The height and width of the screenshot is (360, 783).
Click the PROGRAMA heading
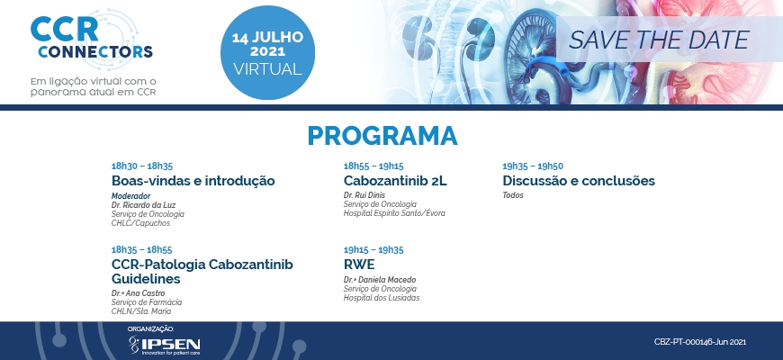382,136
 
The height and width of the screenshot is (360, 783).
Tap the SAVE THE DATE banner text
659,40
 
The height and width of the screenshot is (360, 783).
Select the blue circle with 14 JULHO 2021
267,52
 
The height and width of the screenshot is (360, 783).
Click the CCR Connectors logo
92,39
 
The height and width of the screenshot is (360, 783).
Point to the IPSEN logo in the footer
165,345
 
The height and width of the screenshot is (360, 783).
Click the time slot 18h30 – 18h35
142,166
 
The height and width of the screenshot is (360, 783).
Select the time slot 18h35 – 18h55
142,249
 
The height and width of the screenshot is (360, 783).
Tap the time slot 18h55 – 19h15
373,166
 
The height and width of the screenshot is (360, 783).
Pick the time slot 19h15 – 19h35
373,249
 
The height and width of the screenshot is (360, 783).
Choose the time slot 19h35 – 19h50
533,166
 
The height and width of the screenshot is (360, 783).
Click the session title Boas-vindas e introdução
193,181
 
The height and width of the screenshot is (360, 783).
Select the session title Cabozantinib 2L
395,181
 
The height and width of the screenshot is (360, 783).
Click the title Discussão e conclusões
579,181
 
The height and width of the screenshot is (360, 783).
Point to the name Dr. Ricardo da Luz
143,205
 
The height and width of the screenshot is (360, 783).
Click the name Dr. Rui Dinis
364,195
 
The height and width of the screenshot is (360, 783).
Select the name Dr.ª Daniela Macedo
380,280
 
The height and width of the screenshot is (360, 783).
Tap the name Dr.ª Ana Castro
138,293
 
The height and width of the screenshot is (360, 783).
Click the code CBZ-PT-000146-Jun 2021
700,342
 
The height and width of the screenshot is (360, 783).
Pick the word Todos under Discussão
513,195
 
